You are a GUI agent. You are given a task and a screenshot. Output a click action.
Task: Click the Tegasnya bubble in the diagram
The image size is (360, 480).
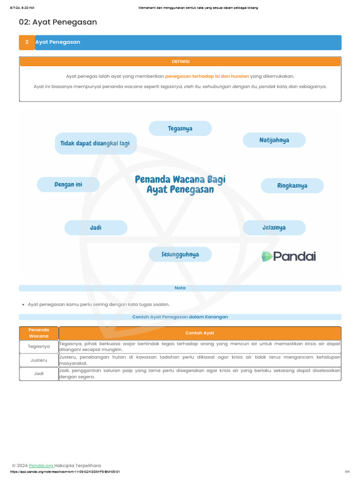coord(180,128)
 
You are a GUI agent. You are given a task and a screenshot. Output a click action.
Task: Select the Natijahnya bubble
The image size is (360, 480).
coord(274,140)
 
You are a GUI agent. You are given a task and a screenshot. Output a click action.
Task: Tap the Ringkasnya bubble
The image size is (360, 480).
coord(292,186)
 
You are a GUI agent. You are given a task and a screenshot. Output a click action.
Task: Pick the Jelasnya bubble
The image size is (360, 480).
coord(274,228)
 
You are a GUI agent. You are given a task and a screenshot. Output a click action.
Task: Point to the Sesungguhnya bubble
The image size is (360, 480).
coord(180,255)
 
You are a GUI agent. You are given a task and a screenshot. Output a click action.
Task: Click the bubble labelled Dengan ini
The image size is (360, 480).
coord(68,185)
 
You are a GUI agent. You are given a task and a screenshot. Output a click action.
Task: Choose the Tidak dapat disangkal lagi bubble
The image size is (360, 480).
coord(96,143)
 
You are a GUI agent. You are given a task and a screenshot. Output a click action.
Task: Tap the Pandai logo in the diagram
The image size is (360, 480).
coord(289,256)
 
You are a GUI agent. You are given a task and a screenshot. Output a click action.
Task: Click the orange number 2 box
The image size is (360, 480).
coord(27,42)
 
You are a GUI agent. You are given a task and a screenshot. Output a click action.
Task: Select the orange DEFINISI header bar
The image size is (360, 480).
coord(180,61)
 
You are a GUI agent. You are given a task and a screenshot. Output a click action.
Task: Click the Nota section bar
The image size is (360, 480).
coord(180,288)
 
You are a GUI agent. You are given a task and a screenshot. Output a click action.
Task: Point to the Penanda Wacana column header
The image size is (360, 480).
coord(39,333)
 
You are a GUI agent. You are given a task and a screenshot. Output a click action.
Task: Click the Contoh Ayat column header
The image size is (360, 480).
coord(200,333)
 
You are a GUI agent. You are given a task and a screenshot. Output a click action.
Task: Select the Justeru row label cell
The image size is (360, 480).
coord(39,360)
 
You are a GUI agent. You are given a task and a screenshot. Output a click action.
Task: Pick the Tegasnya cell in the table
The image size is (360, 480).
coord(39,346)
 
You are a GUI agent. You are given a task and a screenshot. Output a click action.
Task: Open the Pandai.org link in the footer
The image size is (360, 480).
coord(41,465)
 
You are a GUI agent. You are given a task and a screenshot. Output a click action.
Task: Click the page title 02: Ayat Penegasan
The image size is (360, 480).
coord(58,22)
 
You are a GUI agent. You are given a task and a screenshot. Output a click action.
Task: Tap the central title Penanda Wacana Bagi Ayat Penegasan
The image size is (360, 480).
coord(180,184)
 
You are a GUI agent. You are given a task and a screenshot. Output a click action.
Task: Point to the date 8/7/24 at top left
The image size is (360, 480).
coord(19,8)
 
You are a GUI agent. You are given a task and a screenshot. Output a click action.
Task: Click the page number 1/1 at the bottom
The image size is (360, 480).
coord(347,472)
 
